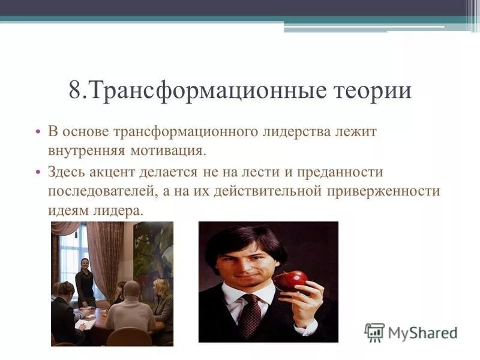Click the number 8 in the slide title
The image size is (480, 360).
75,91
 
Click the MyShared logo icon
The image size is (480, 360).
374,332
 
